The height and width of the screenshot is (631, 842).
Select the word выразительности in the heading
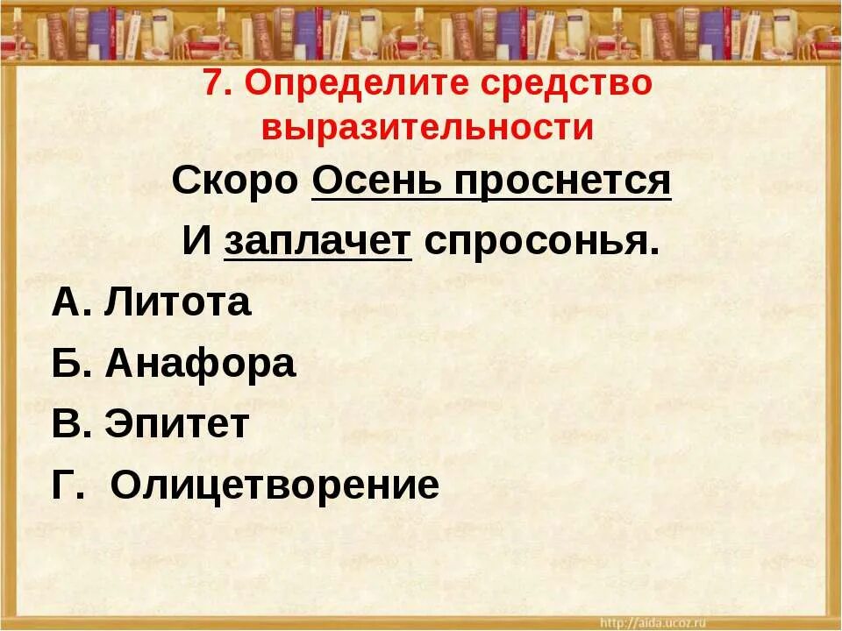pyautogui.click(x=428, y=128)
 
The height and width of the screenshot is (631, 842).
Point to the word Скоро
pyautogui.click(x=236, y=181)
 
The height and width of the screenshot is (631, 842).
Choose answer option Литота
pyautogui.click(x=177, y=303)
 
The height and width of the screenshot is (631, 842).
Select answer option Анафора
pyautogui.click(x=200, y=364)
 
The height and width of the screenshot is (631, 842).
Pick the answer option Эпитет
pyautogui.click(x=177, y=424)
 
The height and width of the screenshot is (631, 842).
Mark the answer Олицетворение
pyautogui.click(x=275, y=485)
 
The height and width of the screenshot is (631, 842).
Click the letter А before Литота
pyautogui.click(x=68, y=303)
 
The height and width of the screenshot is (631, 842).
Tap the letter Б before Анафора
pyautogui.click(x=68, y=364)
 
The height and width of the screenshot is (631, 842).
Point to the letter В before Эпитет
pyautogui.click(x=68, y=424)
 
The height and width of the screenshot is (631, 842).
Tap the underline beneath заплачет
pyautogui.click(x=318, y=259)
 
